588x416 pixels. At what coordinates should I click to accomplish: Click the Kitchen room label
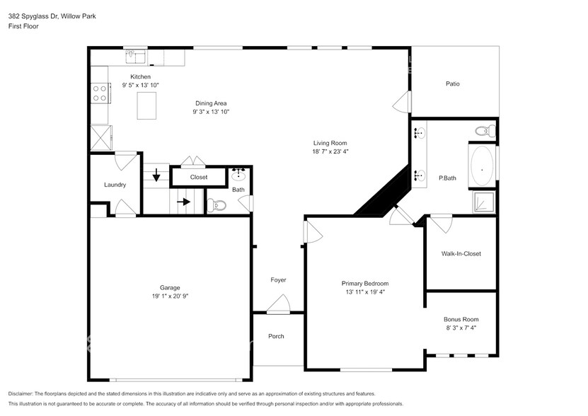coord(140,76)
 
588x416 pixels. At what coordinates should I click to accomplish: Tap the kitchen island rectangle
coord(147,107)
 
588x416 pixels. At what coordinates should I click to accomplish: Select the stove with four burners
coord(100,93)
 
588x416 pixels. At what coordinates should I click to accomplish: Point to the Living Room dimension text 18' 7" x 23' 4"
coord(330,151)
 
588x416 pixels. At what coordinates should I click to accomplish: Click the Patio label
coord(452,83)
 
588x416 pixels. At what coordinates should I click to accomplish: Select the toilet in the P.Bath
coord(485,131)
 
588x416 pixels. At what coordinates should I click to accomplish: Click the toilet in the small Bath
coord(218,205)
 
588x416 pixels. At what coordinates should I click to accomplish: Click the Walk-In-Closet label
coord(461,253)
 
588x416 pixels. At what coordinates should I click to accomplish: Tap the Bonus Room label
coord(461,319)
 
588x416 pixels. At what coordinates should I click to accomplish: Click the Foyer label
coord(278,280)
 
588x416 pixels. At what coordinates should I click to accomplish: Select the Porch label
coord(276,336)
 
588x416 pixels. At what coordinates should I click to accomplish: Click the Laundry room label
coord(115,185)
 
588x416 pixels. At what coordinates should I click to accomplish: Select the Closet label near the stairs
coord(199,178)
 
